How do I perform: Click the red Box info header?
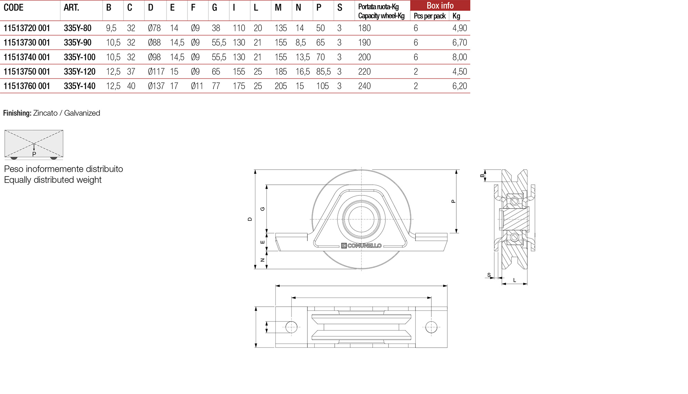440,6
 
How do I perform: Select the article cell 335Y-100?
79,57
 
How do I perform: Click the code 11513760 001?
27,86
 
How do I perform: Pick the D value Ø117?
156,71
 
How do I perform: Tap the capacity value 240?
364,86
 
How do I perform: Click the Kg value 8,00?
459,57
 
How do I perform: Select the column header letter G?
214,8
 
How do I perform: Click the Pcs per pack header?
429,16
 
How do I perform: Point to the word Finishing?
17,113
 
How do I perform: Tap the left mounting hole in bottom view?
291,327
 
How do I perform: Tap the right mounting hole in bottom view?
431,327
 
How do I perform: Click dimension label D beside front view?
250,219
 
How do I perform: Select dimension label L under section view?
514,280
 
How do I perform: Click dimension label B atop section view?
482,176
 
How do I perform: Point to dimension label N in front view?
262,260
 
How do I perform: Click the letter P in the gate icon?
34,154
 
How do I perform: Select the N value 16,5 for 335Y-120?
302,71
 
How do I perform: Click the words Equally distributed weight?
53,180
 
